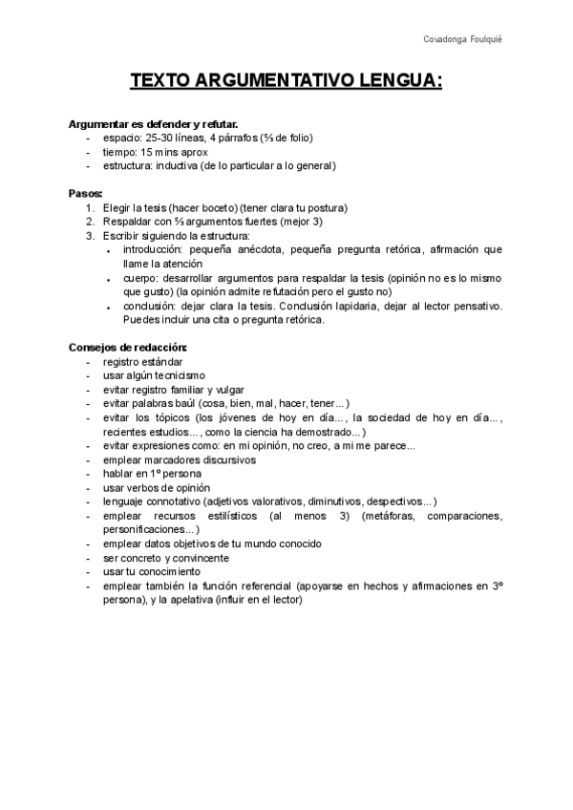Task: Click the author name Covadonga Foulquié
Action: point(462,38)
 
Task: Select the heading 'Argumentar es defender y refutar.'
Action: point(153,124)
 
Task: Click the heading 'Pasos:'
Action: point(86,193)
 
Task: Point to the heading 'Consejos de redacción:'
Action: point(128,348)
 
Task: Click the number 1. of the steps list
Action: point(90,207)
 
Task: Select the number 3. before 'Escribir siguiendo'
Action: point(90,235)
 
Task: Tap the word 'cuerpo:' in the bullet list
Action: point(144,278)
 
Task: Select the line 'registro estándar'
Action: point(142,362)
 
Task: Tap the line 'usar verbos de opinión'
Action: point(158,487)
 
